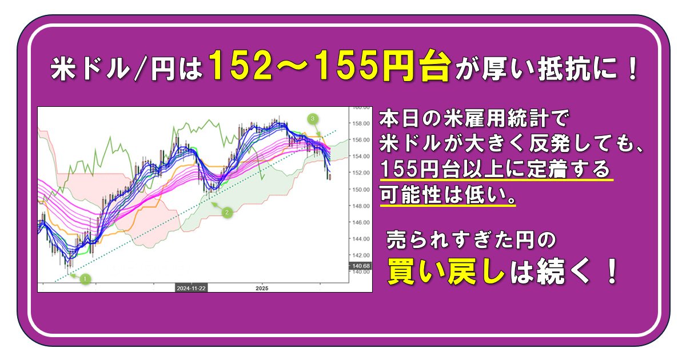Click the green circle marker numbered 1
pos(85,279)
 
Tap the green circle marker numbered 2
pos(227,212)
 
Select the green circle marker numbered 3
pos(312,118)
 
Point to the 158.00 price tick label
pos(361,123)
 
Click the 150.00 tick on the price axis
pos(361,190)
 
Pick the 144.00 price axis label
pos(361,239)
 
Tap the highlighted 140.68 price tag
pos(361,266)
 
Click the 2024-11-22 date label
pos(191,288)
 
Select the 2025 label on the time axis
pos(262,288)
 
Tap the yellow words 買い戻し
pos(446,271)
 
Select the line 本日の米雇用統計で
pos(474,118)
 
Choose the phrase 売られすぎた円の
pos(471,239)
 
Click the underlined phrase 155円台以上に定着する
pos(495,169)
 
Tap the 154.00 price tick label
pos(361,157)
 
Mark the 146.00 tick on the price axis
pos(361,222)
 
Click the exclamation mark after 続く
pos(612,271)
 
